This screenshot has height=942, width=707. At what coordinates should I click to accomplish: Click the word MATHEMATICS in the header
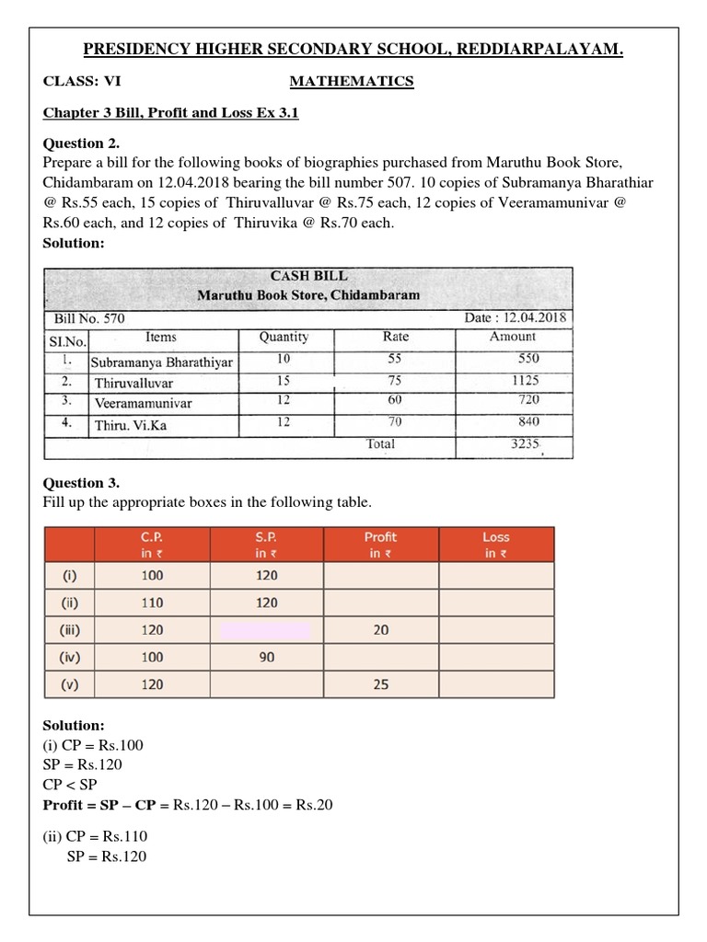pos(352,82)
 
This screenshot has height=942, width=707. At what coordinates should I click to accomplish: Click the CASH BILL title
pos(308,275)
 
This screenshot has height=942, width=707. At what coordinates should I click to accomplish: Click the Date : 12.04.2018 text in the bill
pos(516,317)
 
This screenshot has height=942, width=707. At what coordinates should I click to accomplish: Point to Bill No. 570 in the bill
pos(89,318)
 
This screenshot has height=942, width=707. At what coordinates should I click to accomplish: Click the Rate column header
pos(395,337)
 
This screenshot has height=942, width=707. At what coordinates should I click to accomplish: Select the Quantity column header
pos(284,337)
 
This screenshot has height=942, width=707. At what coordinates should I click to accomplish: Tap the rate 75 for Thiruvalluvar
pos(394,380)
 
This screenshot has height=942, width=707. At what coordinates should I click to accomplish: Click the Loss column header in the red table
pos(495,545)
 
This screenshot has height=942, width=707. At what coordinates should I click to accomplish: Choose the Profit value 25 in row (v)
pos(381,684)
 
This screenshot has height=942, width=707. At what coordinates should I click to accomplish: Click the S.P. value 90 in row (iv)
pos(266,657)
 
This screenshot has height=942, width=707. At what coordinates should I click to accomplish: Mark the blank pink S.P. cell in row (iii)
pos(266,630)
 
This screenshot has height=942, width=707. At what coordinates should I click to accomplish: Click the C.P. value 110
pos(153,603)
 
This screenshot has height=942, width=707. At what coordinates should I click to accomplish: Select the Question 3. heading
pos(81,483)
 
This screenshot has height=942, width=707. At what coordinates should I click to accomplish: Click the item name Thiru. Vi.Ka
pos(131,425)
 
